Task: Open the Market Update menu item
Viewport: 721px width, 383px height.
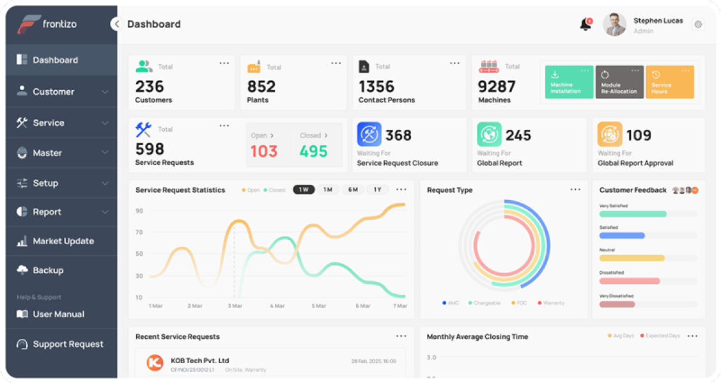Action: click(63, 241)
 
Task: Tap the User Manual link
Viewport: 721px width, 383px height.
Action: click(58, 314)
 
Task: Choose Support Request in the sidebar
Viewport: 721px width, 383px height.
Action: click(68, 344)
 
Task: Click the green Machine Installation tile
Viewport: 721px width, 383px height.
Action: click(568, 82)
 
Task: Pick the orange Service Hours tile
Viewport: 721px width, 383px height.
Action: click(669, 82)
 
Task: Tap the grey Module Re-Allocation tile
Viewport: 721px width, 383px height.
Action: click(619, 82)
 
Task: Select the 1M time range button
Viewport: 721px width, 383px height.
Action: click(327, 190)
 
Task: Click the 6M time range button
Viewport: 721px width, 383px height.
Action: click(353, 190)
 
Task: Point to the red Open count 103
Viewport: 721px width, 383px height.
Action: click(263, 151)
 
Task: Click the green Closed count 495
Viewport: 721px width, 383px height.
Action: click(313, 151)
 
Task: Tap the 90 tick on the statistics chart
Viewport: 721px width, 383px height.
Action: click(139, 211)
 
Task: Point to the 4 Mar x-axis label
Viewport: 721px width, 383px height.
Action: click(277, 306)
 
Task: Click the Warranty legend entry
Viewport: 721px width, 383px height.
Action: click(553, 303)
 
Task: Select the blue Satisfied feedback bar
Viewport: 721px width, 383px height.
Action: click(622, 236)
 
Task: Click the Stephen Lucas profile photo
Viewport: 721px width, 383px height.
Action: click(614, 25)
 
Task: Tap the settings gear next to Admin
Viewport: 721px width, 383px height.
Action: click(698, 25)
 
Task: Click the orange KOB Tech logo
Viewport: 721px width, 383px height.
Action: click(155, 363)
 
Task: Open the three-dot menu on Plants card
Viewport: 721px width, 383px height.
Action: click(336, 63)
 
